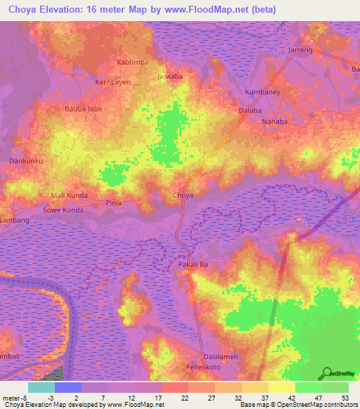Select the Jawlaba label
pos(170,76)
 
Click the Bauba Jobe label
pos(83,109)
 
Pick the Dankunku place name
pos(25,161)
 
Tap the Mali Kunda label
pos(68,195)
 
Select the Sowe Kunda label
pos(63,210)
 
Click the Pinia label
pos(114,202)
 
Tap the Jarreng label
pos(300,51)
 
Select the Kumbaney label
pos(262,92)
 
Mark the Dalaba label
pos(250,111)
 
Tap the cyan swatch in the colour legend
pos(41,387)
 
